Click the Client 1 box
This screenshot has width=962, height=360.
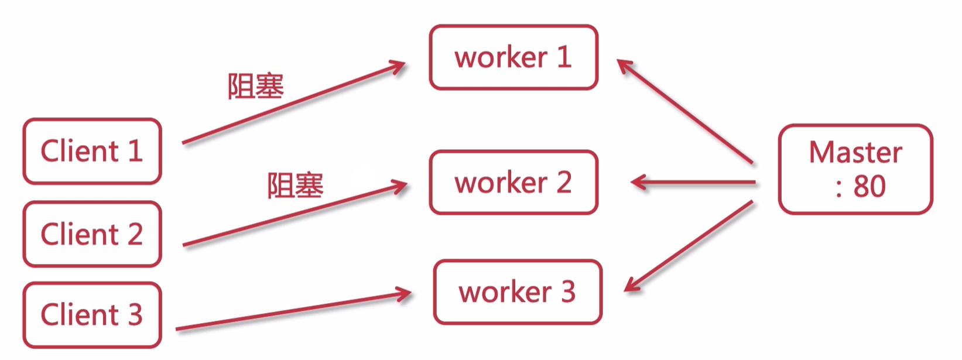pyautogui.click(x=92, y=151)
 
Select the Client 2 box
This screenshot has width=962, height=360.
pyautogui.click(x=92, y=234)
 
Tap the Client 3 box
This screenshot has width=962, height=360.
pyautogui.click(x=92, y=315)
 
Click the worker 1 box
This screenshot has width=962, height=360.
pyautogui.click(x=513, y=57)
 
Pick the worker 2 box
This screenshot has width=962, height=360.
pyautogui.click(x=513, y=183)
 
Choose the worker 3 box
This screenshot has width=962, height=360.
pyautogui.click(x=518, y=292)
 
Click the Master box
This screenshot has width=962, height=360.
pyautogui.click(x=855, y=169)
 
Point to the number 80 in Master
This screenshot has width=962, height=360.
pyautogui.click(x=869, y=187)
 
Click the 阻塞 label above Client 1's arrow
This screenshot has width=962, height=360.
pyautogui.click(x=255, y=87)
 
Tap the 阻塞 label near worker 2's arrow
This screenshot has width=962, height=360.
pyautogui.click(x=295, y=186)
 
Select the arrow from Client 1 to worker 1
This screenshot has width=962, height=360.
pyautogui.click(x=293, y=103)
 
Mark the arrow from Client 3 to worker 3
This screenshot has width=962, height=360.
pyautogui.click(x=293, y=312)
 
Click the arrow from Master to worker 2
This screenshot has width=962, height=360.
pyautogui.click(x=694, y=183)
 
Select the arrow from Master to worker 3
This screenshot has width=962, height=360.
pyautogui.click(x=689, y=246)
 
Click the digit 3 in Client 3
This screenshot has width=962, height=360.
pyautogui.click(x=135, y=315)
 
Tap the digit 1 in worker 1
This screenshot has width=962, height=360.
pyautogui.click(x=564, y=57)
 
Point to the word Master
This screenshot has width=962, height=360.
pyautogui.click(x=855, y=152)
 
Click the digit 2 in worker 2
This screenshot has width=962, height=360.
pyautogui.click(x=563, y=183)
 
